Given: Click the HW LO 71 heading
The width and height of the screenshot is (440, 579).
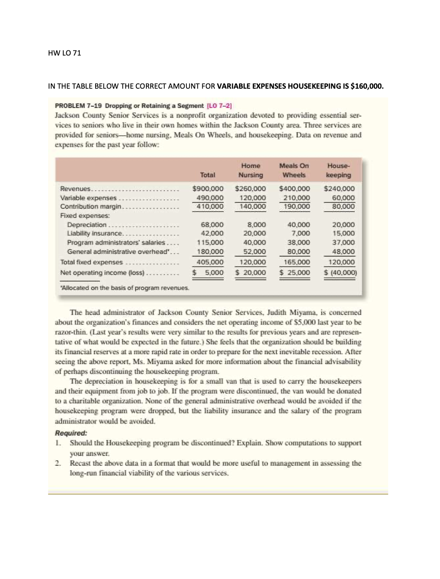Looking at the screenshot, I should click(x=65, y=53).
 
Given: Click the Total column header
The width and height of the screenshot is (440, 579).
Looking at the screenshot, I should click(x=208, y=175).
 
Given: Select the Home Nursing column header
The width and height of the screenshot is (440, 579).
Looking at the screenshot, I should click(x=251, y=170).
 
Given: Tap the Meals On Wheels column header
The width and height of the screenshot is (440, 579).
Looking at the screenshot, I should click(x=294, y=170).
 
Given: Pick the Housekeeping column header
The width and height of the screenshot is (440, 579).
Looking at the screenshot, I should click(x=338, y=170).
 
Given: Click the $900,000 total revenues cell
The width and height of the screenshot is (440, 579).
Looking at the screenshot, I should click(x=208, y=189).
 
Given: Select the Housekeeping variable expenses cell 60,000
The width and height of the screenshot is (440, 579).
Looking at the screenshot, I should click(x=344, y=198).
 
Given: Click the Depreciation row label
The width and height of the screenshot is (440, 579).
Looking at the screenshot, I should click(x=87, y=225).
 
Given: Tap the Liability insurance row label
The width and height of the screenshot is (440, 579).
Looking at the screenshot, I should click(x=95, y=233).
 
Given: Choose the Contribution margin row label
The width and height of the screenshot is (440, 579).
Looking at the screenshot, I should click(x=90, y=207).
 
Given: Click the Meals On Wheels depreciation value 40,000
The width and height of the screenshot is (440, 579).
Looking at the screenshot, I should click(x=298, y=225).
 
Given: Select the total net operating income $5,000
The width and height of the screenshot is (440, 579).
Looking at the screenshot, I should click(x=208, y=272).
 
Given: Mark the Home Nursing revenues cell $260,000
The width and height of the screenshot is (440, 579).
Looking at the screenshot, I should click(x=251, y=189).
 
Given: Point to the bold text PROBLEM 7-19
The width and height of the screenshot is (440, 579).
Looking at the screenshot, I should click(x=78, y=106).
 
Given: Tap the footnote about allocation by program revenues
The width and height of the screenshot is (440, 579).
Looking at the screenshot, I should click(x=125, y=288).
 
